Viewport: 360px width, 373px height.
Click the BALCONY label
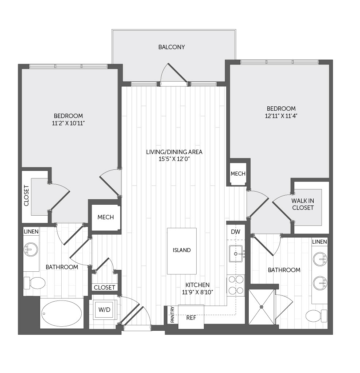(x=171, y=47)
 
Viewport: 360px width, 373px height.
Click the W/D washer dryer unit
(x=104, y=310)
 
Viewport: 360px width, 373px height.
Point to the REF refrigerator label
(x=191, y=318)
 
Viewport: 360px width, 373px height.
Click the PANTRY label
(x=173, y=315)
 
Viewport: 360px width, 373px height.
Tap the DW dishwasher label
(x=236, y=232)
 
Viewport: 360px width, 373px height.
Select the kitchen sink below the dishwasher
(x=236, y=254)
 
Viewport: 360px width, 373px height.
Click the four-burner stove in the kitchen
(x=236, y=285)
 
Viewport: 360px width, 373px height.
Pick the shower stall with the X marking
(x=262, y=307)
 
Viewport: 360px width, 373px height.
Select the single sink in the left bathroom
(x=31, y=249)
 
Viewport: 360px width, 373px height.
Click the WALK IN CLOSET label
(x=303, y=204)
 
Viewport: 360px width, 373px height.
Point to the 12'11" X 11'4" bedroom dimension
(x=281, y=116)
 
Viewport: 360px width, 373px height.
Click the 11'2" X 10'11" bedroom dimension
(x=68, y=123)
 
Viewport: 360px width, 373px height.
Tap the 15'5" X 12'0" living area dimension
(x=174, y=159)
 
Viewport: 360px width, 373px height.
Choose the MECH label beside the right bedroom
(x=238, y=174)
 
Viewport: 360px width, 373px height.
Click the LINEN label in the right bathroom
(x=320, y=242)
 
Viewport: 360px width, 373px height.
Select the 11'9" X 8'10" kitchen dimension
(x=198, y=292)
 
